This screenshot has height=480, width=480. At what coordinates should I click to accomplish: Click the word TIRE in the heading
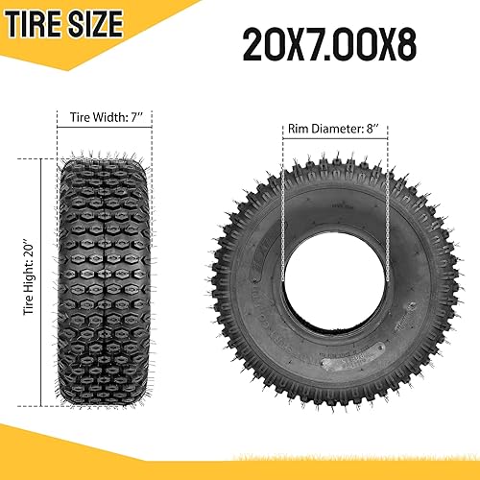point(40,21)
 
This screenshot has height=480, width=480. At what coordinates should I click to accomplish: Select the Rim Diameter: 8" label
point(334,127)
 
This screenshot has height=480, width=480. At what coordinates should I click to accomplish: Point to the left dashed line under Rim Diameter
point(283,192)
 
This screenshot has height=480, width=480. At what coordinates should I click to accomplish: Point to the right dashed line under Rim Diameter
point(386,192)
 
